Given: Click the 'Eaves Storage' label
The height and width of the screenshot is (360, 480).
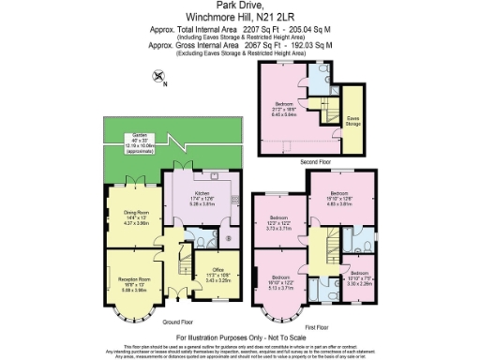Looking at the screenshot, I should [353, 119].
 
